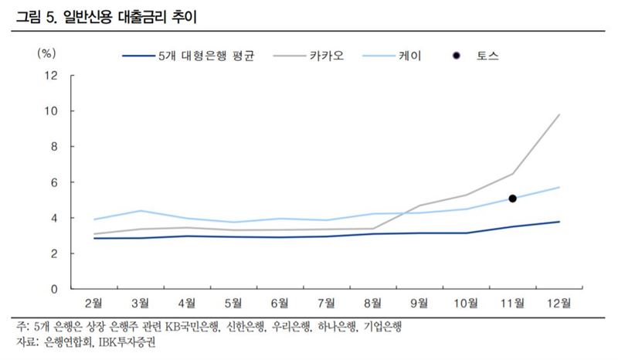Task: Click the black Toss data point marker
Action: click(x=512, y=199)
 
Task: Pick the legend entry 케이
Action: click(x=409, y=56)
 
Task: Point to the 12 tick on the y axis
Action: click(x=52, y=76)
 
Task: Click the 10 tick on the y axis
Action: click(x=52, y=111)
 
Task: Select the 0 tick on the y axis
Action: click(x=55, y=289)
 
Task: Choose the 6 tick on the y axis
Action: click(x=55, y=182)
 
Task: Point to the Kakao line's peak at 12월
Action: click(x=559, y=114)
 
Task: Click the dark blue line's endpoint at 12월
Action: click(x=559, y=222)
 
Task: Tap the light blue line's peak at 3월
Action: click(x=141, y=211)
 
